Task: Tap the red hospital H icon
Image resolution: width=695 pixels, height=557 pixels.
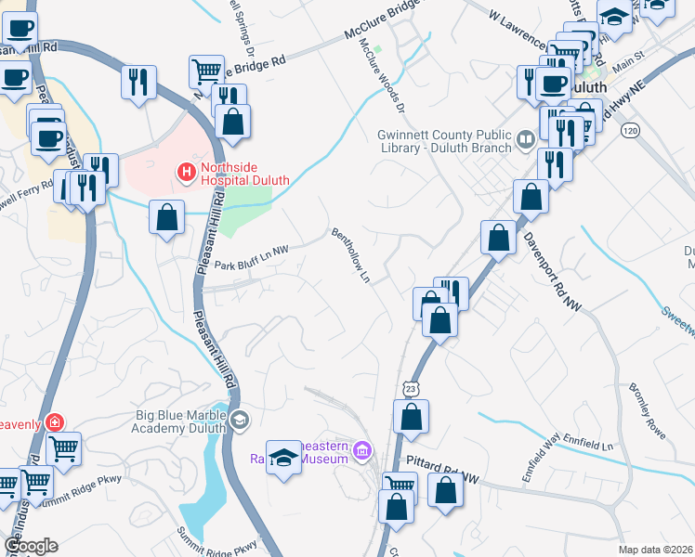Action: click(186, 172)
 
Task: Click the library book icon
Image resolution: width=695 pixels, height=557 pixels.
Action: click(526, 140)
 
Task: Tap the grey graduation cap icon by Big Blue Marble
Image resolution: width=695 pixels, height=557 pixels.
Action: click(241, 421)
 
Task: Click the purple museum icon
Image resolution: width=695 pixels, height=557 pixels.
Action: click(362, 452)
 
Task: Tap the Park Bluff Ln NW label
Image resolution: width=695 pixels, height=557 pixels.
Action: click(252, 266)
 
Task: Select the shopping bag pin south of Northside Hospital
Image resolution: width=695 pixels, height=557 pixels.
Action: click(166, 218)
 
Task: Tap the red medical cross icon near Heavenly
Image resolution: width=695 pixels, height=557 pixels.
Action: click(55, 422)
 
